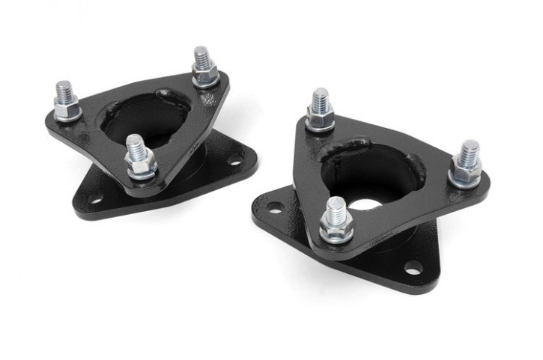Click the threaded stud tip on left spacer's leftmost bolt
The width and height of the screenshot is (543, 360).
click(64, 88)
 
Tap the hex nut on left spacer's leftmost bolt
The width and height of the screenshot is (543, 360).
click(67, 110)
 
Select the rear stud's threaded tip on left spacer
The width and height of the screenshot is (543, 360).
click(201, 56)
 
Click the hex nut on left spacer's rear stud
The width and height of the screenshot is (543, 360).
click(204, 74)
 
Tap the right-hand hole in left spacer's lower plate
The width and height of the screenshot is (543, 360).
click(234, 159)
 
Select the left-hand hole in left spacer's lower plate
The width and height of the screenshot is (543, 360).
click(95, 199)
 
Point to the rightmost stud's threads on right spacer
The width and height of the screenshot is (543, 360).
click(469, 151)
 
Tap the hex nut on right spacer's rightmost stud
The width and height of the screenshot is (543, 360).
click(466, 174)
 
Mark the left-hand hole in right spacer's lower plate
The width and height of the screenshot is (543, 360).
click(274, 207)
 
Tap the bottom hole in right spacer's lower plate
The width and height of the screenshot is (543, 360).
click(412, 267)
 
